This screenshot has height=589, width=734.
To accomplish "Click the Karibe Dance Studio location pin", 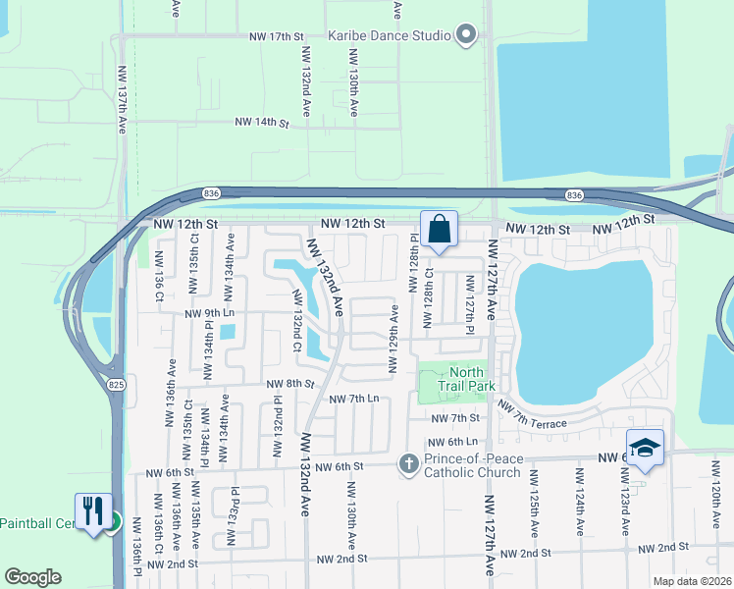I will (x=467, y=36).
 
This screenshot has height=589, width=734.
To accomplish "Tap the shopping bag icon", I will (x=440, y=230).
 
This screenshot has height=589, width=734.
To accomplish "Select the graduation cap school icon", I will (x=644, y=448).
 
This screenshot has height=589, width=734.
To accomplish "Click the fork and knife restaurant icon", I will (x=93, y=510).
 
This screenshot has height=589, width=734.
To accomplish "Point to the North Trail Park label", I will (x=467, y=378).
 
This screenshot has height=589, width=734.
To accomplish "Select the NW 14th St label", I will (x=261, y=124).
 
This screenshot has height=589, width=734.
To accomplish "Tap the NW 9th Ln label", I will (x=210, y=313).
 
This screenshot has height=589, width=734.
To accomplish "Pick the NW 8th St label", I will (x=289, y=383).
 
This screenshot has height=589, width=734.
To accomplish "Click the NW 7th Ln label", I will (x=353, y=399).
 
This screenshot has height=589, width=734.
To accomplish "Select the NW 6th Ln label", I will (x=451, y=442).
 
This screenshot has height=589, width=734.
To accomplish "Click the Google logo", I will (x=33, y=577).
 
